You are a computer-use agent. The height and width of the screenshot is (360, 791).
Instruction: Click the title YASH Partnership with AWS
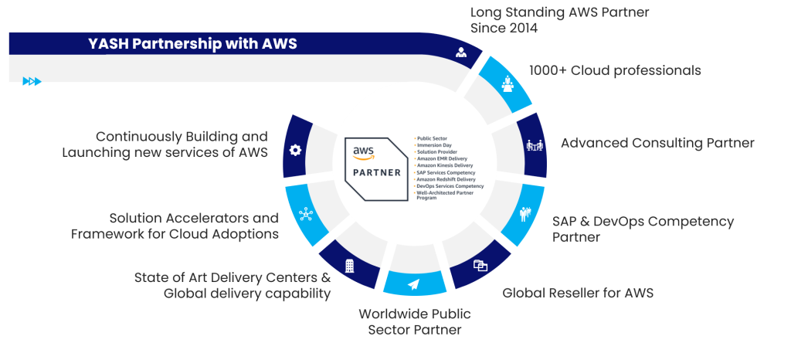point(192,44)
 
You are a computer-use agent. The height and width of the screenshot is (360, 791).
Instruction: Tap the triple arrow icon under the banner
point(32,81)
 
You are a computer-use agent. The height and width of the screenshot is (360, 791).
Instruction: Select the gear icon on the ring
point(294,150)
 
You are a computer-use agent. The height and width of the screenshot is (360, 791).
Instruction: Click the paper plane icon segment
point(413,284)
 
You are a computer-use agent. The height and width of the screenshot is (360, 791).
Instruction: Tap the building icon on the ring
point(350,266)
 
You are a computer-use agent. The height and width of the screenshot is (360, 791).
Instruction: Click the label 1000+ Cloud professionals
point(615,70)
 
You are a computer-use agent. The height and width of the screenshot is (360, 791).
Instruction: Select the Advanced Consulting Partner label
point(657,143)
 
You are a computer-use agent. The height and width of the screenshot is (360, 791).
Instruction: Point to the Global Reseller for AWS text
point(579,293)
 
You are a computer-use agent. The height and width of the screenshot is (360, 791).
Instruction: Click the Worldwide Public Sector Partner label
point(414,322)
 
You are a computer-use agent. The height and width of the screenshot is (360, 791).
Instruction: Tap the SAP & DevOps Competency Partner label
point(643,229)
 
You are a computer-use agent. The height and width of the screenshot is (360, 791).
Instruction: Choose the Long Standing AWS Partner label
point(559,20)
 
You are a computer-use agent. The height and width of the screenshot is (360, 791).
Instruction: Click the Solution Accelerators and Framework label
point(175,226)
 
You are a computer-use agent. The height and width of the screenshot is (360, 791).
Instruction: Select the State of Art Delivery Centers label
point(233,285)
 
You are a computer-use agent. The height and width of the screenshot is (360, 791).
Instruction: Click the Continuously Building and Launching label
point(165,144)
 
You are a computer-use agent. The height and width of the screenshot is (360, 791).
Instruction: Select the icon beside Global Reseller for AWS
point(480,266)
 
